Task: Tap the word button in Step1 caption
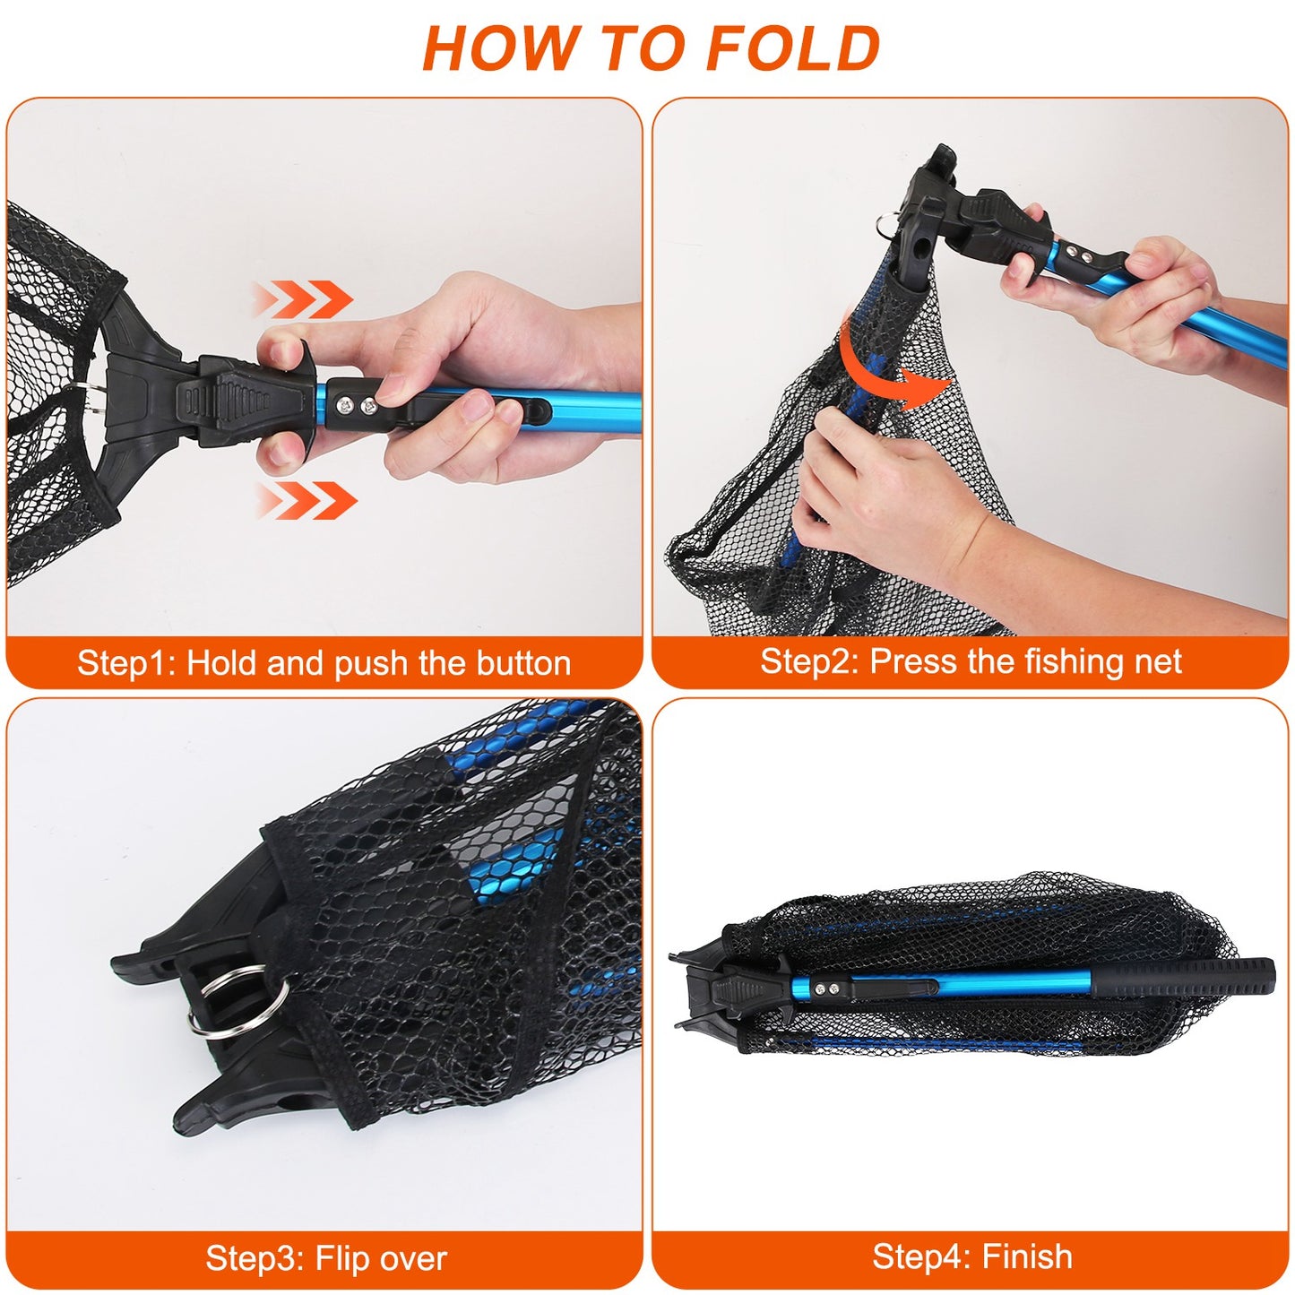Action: pos(523,663)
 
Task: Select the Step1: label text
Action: pos(126,663)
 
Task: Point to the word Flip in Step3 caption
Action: pos(342,1258)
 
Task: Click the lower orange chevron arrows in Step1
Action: pos(307,499)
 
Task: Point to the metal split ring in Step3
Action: pos(240,1000)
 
